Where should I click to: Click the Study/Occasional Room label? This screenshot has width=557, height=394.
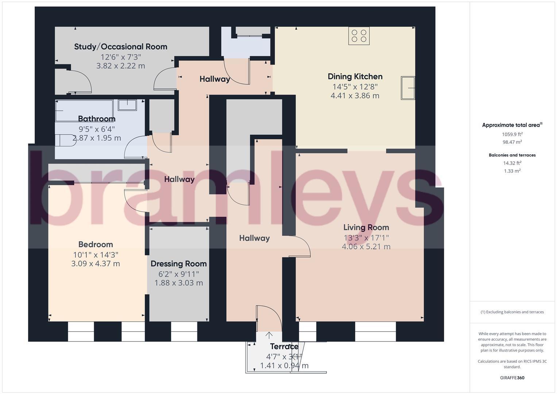[x=121, y=47]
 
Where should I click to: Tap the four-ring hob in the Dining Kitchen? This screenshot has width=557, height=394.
[x=359, y=36]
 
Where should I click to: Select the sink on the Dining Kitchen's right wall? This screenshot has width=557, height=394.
[x=408, y=88]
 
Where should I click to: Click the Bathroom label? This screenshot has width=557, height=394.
[x=97, y=119]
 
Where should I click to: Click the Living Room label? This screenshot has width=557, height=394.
[x=366, y=227]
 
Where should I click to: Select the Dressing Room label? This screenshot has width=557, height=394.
[x=179, y=264]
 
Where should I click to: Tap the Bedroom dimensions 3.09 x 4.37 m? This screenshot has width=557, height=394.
[x=96, y=263]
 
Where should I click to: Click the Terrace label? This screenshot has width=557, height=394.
[x=284, y=347]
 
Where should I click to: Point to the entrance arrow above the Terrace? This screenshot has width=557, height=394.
[x=269, y=335]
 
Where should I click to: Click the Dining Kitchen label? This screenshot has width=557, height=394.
[x=355, y=77]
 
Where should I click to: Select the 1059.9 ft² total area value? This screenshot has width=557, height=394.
[x=512, y=134]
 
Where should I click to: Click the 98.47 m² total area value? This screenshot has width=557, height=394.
[x=512, y=142]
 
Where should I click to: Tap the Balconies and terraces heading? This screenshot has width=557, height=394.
[x=512, y=155]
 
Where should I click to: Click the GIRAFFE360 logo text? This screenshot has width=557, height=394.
[x=512, y=378]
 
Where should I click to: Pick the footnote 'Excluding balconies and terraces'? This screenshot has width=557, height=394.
[x=512, y=312]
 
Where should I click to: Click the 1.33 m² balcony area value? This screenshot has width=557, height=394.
[x=512, y=171]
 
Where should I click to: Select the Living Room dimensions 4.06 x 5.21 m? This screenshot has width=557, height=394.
[x=366, y=247]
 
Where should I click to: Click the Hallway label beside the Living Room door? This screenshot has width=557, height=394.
[x=254, y=238]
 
